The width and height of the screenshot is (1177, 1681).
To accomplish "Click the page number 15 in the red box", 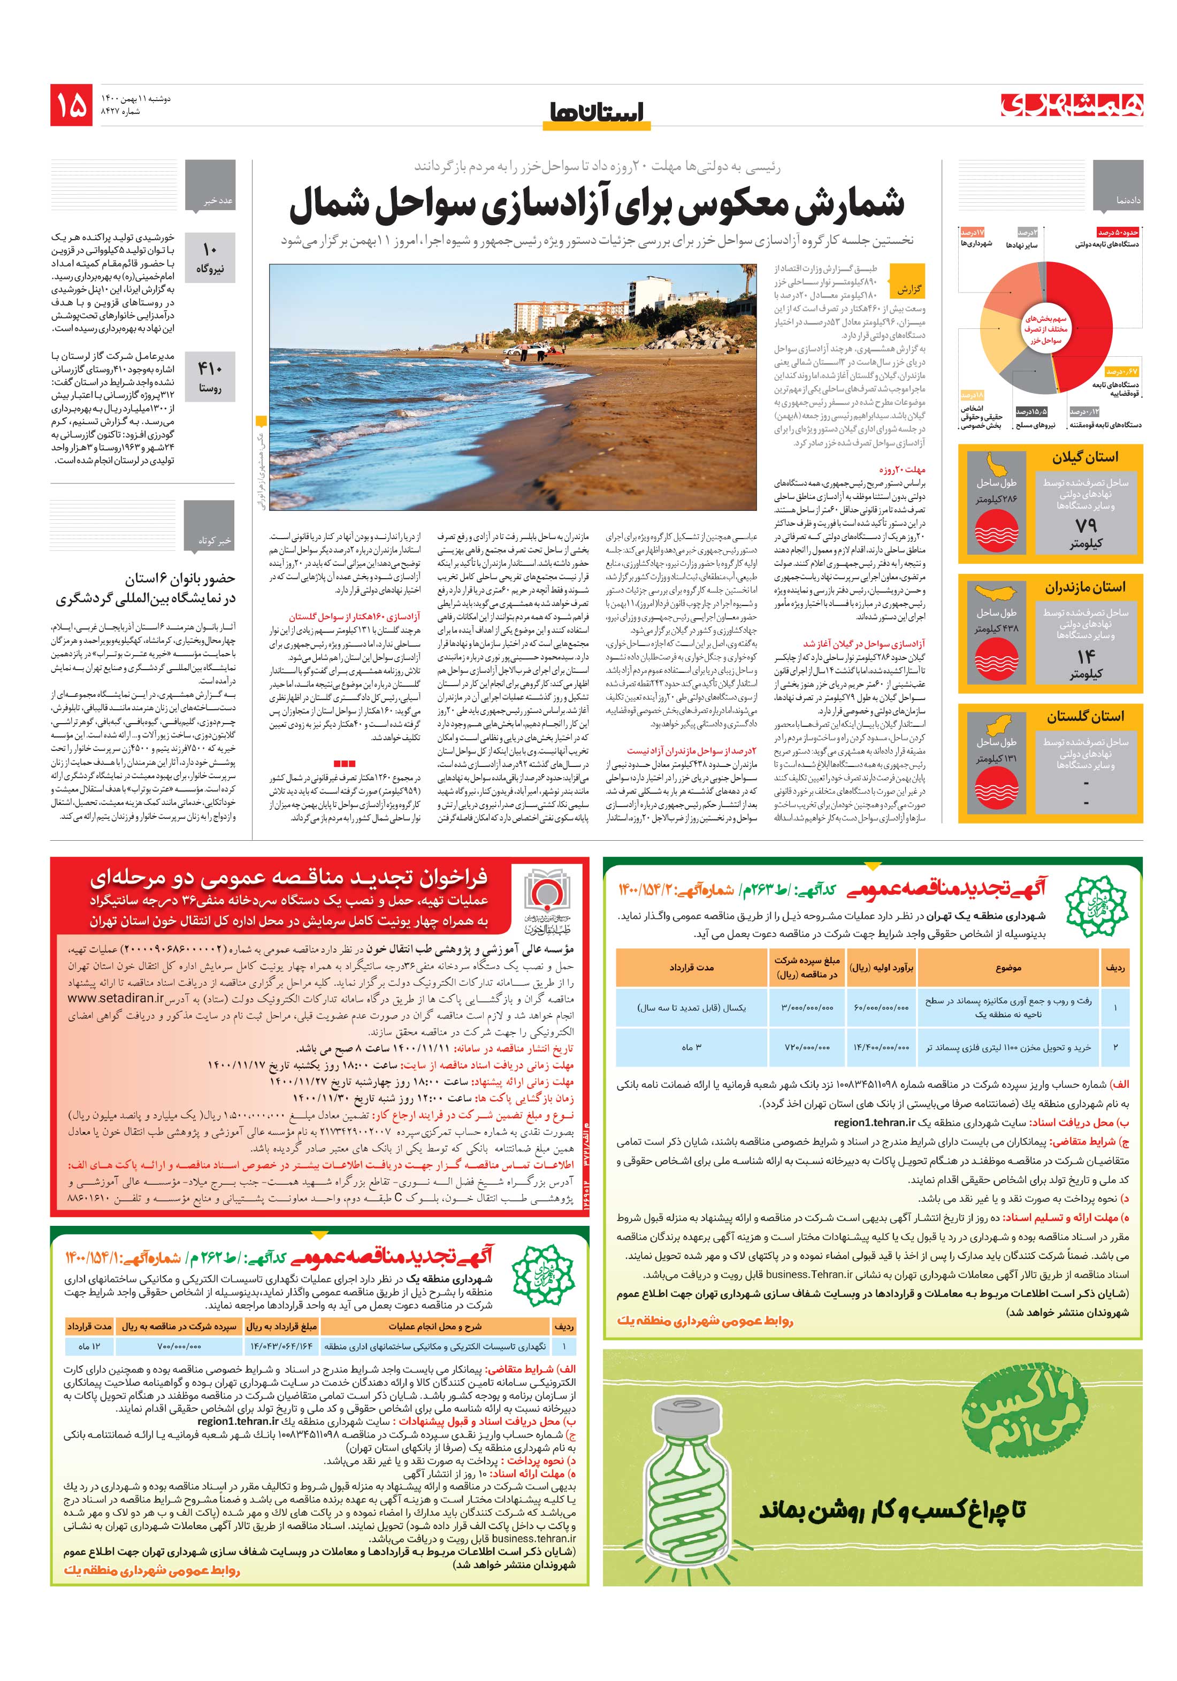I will click(x=71, y=105).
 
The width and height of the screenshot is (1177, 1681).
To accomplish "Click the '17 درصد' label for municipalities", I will click(x=973, y=232).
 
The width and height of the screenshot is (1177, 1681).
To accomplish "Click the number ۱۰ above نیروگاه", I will click(x=210, y=250).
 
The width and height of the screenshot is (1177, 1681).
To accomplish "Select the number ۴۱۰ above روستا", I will click(x=210, y=369).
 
